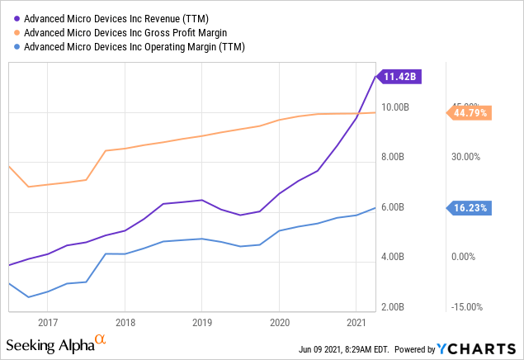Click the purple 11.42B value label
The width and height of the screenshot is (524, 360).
click(x=404, y=77)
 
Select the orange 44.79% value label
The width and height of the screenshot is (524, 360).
click(x=470, y=112)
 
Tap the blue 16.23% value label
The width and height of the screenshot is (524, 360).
click(x=470, y=208)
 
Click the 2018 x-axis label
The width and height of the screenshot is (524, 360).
click(x=125, y=322)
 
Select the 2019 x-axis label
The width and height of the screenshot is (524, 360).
click(x=202, y=322)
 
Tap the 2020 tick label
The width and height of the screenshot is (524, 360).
click(x=279, y=322)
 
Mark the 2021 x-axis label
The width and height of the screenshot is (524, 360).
click(x=356, y=322)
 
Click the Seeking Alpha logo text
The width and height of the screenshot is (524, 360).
click(x=50, y=344)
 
